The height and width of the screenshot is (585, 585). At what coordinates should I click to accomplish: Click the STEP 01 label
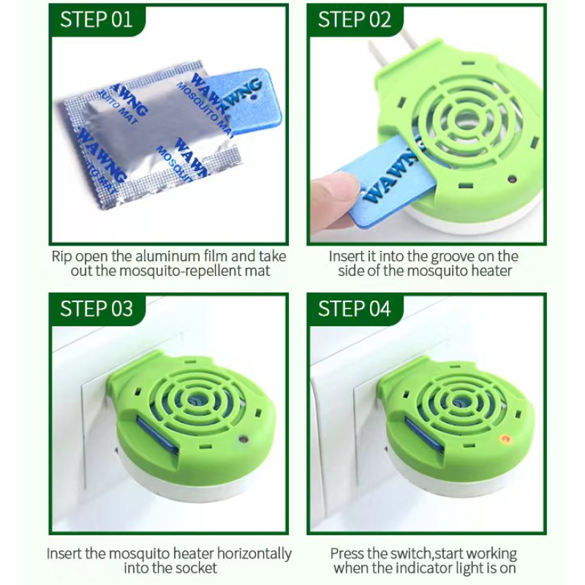click(97, 19)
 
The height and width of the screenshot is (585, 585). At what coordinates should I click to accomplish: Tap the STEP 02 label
click(355, 19)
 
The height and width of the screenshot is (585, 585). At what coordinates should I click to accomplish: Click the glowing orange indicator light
click(503, 439)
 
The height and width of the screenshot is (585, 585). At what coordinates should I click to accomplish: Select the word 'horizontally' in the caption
click(249, 554)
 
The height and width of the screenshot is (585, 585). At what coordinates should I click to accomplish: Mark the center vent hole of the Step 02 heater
click(465, 117)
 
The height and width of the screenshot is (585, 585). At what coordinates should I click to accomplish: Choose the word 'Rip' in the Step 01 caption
click(61, 257)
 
